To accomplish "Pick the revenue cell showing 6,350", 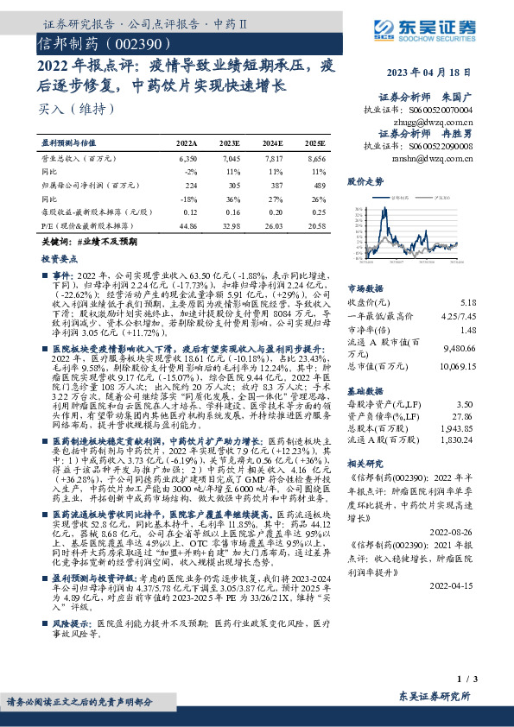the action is coord(187,160).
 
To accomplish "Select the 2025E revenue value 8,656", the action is coord(315,160).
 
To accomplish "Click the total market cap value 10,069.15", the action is coord(458,365).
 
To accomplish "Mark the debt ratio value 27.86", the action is coord(464,415).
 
